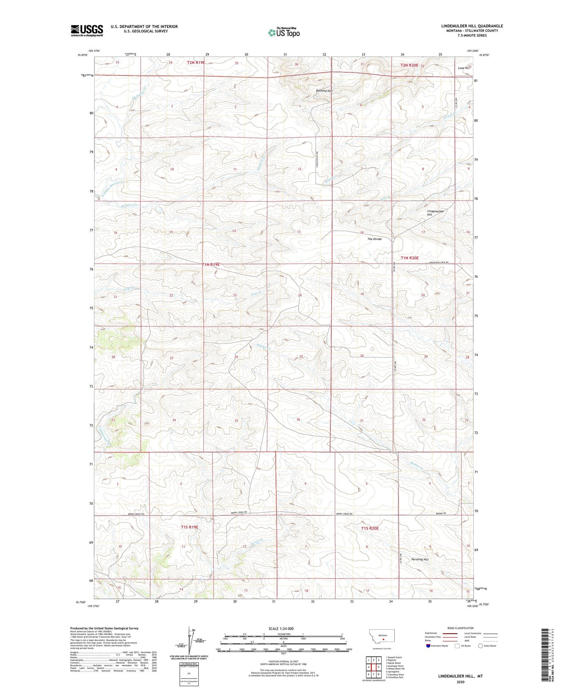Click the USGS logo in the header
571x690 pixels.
pyautogui.click(x=87, y=30)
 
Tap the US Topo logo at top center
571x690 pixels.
pyautogui.click(x=284, y=32)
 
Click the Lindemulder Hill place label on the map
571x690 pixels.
pyautogui.click(x=435, y=213)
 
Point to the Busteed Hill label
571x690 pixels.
pyautogui.click(x=324, y=91)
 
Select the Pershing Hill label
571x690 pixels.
pyautogui.click(x=420, y=559)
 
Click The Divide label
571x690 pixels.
pyautogui.click(x=374, y=239)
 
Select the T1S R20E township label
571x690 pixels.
pyautogui.click(x=369, y=528)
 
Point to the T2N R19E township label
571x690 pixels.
pyautogui.click(x=196, y=62)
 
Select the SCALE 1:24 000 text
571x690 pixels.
pyautogui.click(x=281, y=628)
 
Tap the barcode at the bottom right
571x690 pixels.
pyautogui.click(x=546, y=656)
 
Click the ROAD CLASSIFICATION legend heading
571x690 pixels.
pyautogui.click(x=460, y=628)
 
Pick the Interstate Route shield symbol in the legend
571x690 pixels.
pyautogui.click(x=428, y=646)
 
